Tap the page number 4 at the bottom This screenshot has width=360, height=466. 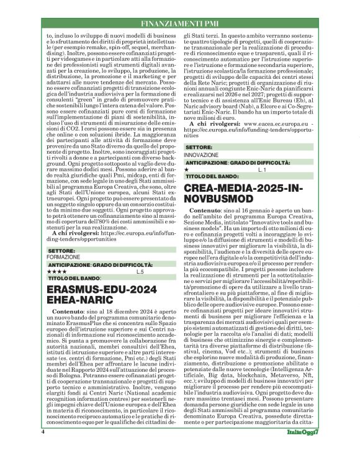[43, 449]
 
